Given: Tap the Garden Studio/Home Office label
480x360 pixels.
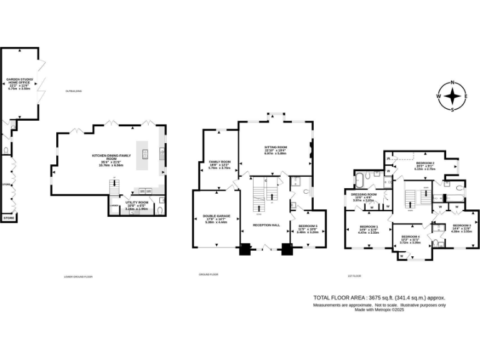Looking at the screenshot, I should [x=19, y=83].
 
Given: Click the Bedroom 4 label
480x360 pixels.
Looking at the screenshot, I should [x=411, y=237].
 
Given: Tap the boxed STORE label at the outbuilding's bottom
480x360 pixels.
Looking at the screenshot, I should [x=8, y=218].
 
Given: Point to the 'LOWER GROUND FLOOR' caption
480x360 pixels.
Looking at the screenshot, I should [x=78, y=276].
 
